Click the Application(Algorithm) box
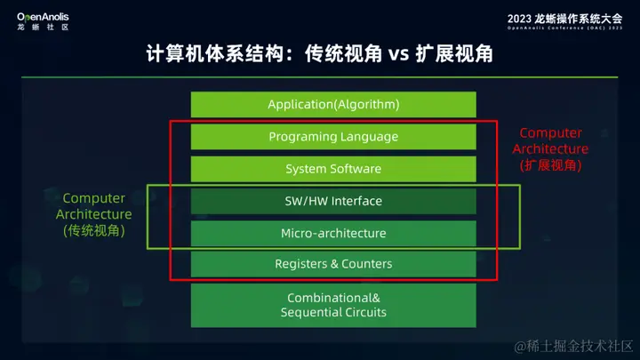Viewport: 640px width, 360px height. (333, 105)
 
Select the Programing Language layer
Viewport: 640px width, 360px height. (333, 137)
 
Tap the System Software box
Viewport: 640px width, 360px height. (333, 169)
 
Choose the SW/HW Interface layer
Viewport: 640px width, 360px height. (333, 201)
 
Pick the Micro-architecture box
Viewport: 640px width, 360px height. (333, 233)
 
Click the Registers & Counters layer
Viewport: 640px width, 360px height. (333, 264)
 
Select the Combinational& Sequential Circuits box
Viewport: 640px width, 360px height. (333, 305)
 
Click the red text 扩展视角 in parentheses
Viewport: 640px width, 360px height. (550, 165)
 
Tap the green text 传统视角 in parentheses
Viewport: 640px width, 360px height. (93, 230)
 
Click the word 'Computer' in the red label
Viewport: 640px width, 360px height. (550, 133)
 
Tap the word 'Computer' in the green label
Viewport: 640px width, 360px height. (93, 198)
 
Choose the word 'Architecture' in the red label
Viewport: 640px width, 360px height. (550, 149)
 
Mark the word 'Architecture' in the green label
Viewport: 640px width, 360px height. (93, 214)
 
